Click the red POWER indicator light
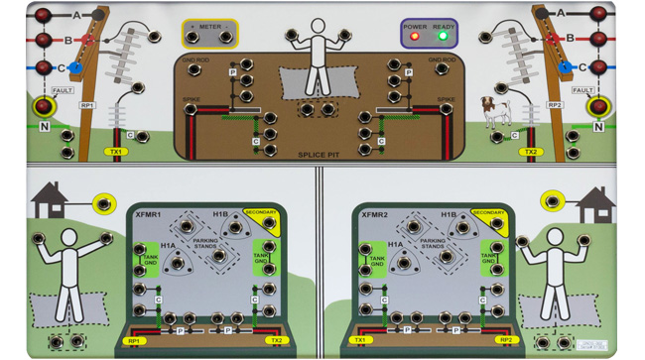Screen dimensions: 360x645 pos(415,37)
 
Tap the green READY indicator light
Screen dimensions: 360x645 pos(443,37)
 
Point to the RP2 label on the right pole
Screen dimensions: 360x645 pos(554,105)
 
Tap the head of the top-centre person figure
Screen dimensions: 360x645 pos(319,27)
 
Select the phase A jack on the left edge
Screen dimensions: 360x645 pos(42,14)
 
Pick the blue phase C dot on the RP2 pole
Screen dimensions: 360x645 pos(566,67)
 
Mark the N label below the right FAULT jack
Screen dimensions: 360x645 pos(598,127)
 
